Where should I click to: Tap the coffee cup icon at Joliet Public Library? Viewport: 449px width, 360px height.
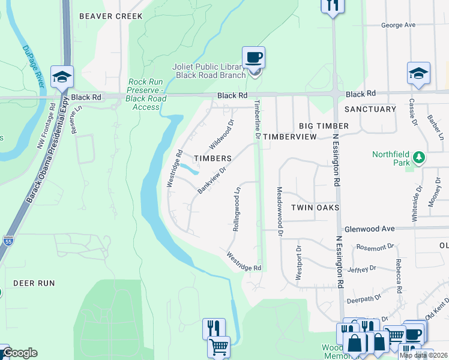coord(253,58)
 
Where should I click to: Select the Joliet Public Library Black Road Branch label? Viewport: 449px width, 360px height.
coord(210,71)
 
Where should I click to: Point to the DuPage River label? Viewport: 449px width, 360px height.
coord(34,67)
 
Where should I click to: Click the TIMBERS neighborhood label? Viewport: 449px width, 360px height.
coord(212,158)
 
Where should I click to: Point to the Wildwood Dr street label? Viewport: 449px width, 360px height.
coord(221,135)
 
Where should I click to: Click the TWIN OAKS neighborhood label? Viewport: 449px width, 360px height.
coord(315,208)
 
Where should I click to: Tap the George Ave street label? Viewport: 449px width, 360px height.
coord(399,25)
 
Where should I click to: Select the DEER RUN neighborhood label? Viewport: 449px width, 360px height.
coord(34,283)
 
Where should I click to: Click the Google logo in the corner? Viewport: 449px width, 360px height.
coord(19,353)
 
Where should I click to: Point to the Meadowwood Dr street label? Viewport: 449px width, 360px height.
coord(280,206)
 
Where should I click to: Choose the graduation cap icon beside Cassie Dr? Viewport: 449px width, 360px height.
coord(418,73)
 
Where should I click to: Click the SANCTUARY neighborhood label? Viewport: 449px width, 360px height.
coord(370,109)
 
